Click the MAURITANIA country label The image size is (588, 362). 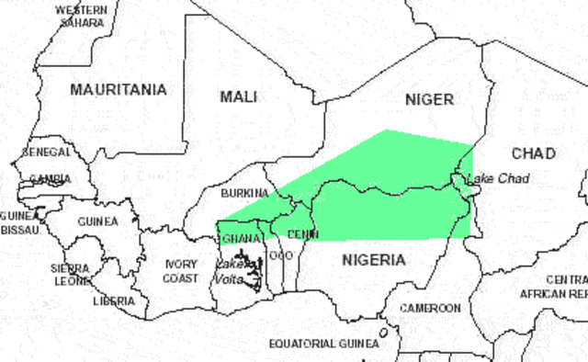tap(119, 90)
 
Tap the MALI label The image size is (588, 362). tap(239, 96)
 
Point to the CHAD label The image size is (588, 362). tap(534, 153)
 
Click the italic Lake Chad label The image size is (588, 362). tap(498, 178)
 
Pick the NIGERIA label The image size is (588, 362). tap(373, 260)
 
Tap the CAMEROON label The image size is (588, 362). tap(429, 308)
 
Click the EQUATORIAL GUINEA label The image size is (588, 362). tap(323, 344)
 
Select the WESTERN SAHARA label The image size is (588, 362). tap(81, 16)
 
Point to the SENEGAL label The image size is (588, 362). tap(47, 151)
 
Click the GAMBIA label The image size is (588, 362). tap(51, 179)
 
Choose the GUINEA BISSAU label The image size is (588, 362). tap(19, 221)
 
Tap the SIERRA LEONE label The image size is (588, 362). tap(69, 275)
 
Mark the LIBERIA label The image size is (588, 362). tap(114, 300)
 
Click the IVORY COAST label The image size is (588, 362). tap(180, 271)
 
